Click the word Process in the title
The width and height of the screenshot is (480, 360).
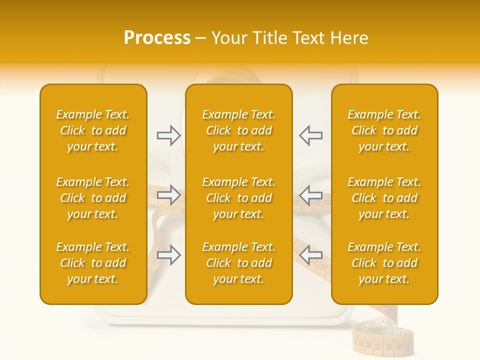(x=157, y=38)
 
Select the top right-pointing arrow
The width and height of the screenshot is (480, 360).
(x=168, y=135)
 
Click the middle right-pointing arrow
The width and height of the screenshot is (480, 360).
(x=168, y=195)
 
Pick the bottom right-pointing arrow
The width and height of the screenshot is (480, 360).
(x=168, y=254)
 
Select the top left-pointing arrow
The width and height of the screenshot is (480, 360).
(x=310, y=135)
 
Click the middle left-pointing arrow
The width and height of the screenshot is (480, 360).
(x=310, y=195)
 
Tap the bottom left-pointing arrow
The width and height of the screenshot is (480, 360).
(x=310, y=254)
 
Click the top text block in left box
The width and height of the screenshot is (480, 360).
(x=93, y=130)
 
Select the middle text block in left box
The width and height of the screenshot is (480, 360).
(x=93, y=198)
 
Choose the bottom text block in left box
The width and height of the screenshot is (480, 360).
(x=93, y=263)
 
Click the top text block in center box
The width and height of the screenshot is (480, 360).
(x=238, y=130)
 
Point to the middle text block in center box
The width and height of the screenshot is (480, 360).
(x=238, y=198)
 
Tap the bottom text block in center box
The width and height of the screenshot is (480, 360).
(x=238, y=263)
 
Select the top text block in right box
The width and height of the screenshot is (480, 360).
(x=384, y=130)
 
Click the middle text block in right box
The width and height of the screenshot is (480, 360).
(x=384, y=198)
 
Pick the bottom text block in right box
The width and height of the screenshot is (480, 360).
(x=384, y=263)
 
